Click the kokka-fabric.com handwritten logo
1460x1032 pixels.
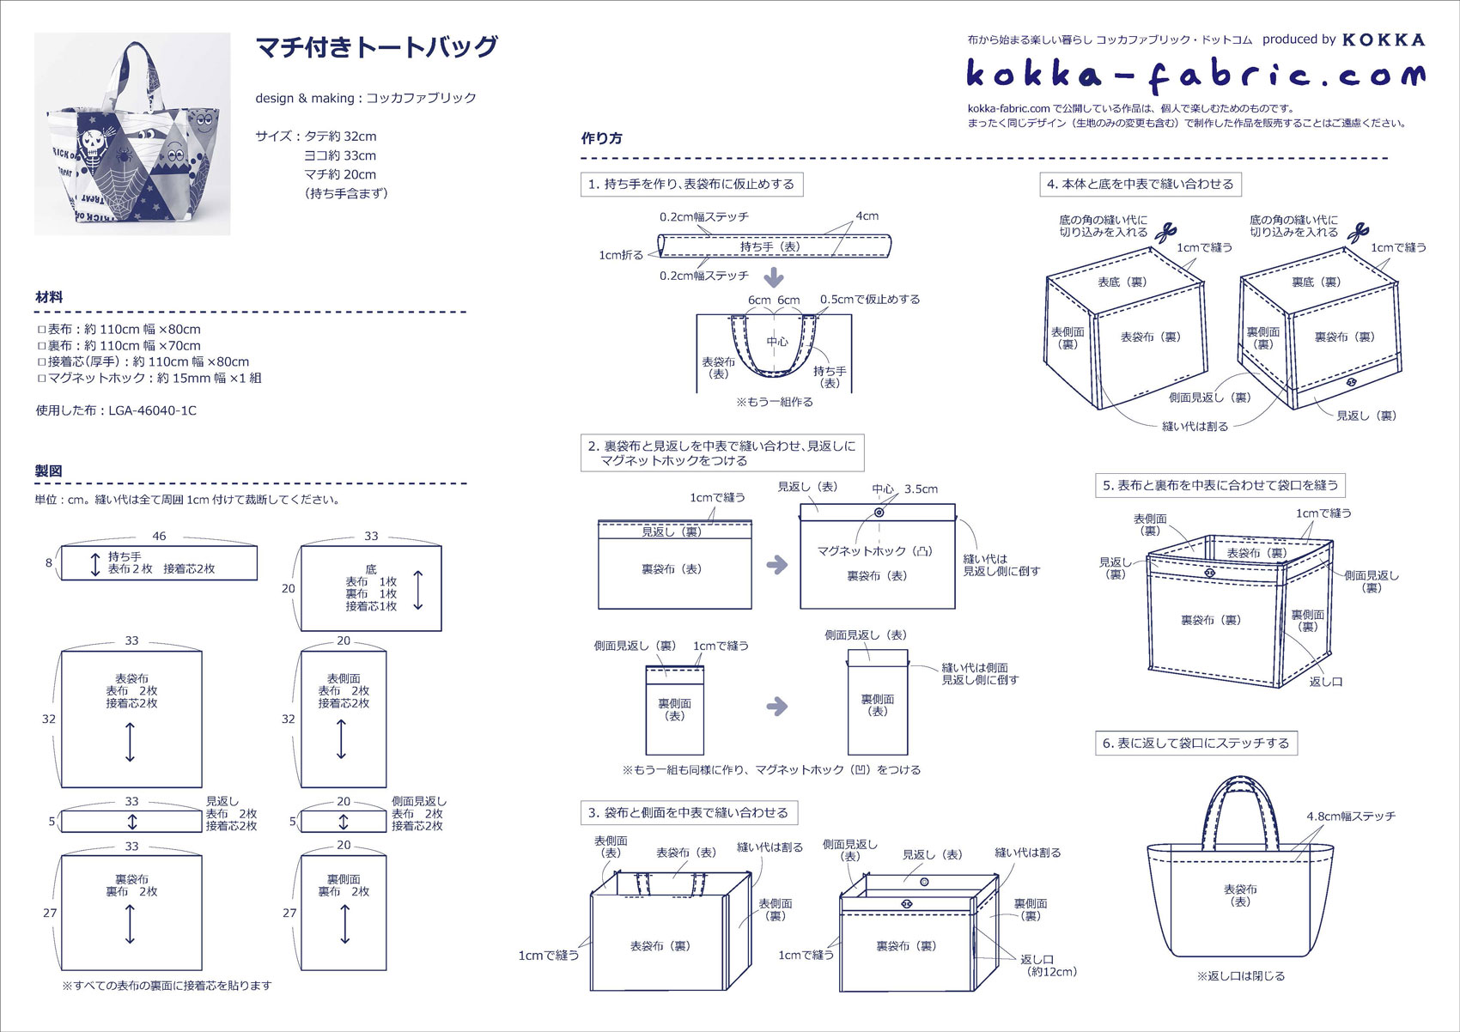pyautogui.click(x=1195, y=75)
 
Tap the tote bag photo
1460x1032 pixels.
pyautogui.click(x=132, y=134)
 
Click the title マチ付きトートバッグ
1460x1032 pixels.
pyautogui.click(x=377, y=47)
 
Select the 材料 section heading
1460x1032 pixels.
pyautogui.click(x=49, y=297)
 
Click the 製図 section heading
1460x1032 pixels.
pyautogui.click(x=49, y=470)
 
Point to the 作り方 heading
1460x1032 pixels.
pyautogui.click(x=602, y=138)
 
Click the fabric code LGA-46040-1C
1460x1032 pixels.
pyautogui.click(x=152, y=410)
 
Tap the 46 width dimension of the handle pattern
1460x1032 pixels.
pyautogui.click(x=159, y=536)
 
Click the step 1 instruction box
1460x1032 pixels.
pyautogui.click(x=691, y=184)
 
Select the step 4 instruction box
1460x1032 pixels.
pyautogui.click(x=1140, y=184)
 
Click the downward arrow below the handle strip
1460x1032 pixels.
pyautogui.click(x=774, y=277)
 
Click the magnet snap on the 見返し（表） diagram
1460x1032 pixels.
pyautogui.click(x=879, y=513)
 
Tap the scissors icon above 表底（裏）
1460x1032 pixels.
pyautogui.click(x=1165, y=232)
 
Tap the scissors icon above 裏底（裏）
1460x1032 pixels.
pyautogui.click(x=1358, y=232)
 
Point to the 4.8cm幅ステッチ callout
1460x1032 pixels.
pyautogui.click(x=1351, y=816)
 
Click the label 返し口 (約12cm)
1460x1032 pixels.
pyautogui.click(x=1048, y=965)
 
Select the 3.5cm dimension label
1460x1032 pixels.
pyautogui.click(x=921, y=489)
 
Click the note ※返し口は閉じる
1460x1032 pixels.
pyautogui.click(x=1241, y=975)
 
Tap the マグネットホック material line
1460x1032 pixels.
pyautogui.click(x=149, y=378)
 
